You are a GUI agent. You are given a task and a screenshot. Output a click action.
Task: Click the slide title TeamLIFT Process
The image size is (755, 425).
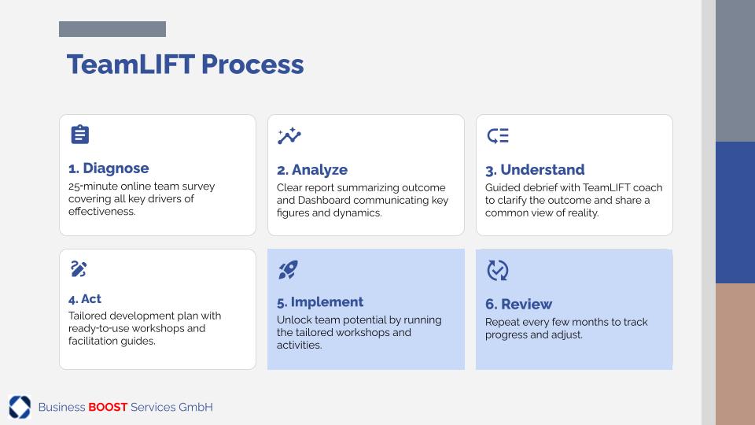186,65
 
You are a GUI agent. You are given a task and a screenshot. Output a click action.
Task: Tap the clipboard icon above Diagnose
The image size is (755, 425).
80,135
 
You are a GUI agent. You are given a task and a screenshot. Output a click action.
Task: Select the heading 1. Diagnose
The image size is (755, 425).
109,168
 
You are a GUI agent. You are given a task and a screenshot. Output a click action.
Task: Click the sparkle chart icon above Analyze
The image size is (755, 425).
289,136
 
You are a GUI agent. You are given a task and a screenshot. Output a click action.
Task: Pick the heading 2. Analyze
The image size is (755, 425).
312,170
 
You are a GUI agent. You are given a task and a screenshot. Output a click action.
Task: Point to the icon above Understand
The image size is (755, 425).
497,136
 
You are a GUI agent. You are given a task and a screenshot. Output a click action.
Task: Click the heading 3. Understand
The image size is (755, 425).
535,170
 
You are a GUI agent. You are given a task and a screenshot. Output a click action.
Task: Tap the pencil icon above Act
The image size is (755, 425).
79,269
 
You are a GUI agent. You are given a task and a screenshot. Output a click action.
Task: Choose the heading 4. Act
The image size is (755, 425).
85,299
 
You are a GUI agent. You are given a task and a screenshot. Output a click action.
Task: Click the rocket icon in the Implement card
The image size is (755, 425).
288,270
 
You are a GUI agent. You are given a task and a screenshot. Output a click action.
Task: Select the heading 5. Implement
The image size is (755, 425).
320,302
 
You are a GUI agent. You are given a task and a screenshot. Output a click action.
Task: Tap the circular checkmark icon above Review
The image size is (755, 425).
497,270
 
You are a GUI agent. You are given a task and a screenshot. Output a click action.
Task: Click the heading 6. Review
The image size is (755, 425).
518,304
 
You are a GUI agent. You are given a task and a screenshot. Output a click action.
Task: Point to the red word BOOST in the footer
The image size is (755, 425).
108,407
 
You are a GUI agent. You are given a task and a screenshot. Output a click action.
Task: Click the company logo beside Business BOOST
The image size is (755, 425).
20,407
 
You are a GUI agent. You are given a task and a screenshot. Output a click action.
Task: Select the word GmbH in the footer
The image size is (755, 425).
196,407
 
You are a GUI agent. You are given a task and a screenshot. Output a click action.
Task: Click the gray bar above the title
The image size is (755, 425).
112,29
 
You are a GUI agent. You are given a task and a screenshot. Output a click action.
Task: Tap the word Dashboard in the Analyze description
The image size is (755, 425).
329,200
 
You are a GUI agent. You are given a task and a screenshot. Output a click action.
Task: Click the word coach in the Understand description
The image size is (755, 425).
648,187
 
